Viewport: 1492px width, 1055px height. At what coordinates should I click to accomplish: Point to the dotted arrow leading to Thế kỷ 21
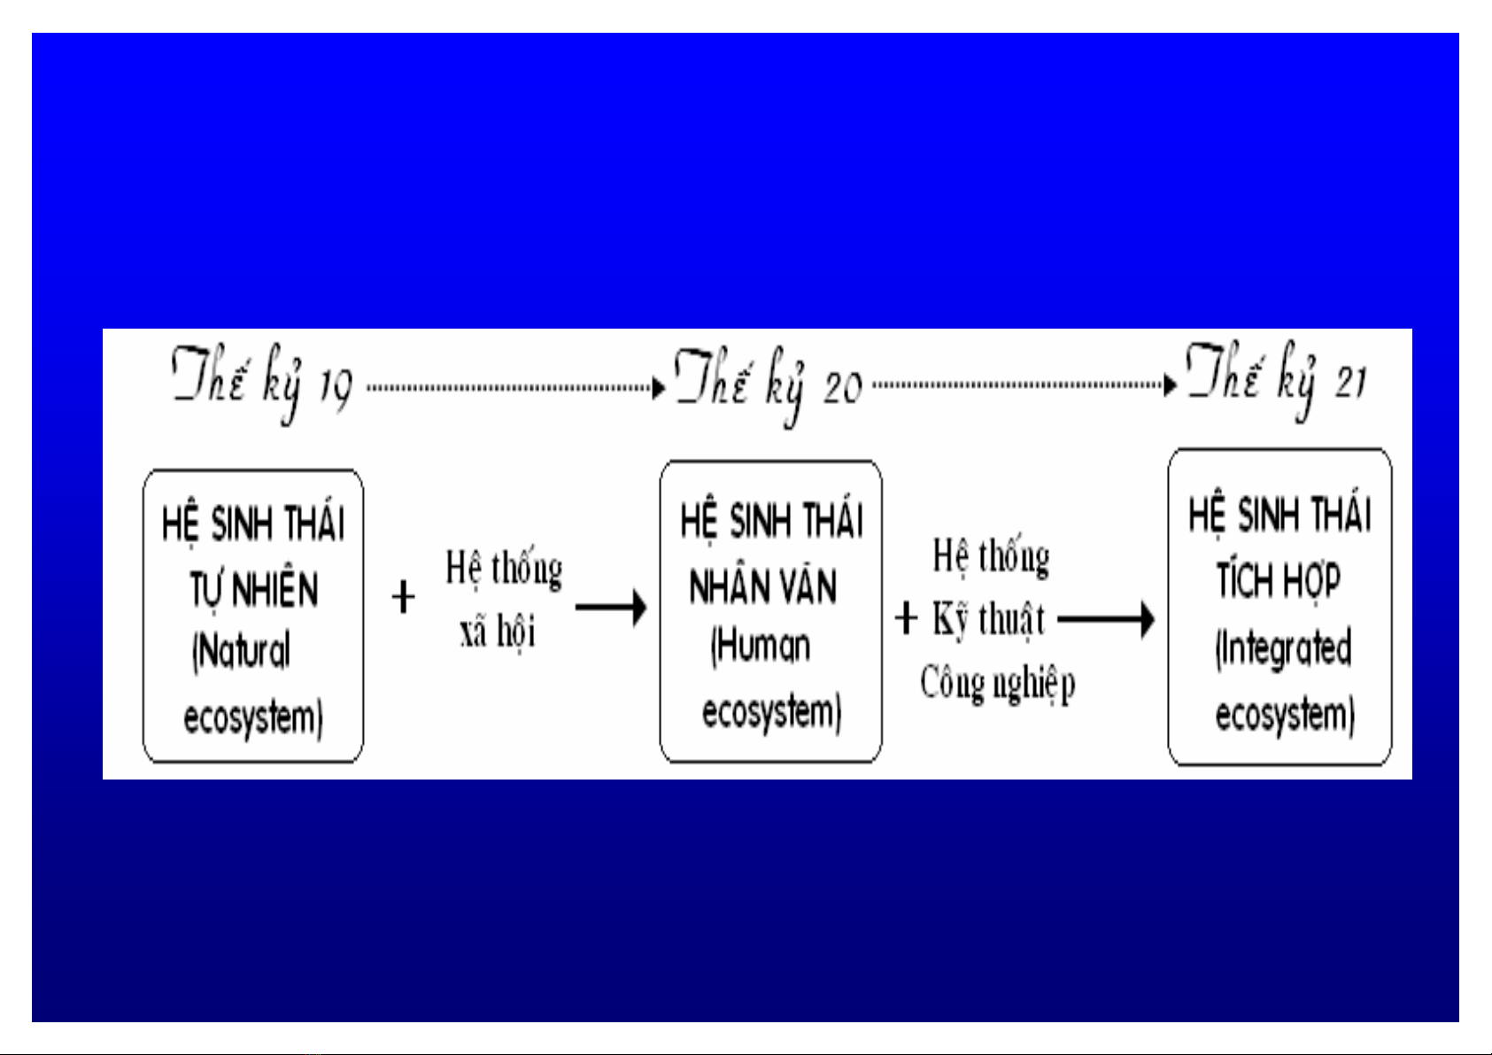coord(1024,385)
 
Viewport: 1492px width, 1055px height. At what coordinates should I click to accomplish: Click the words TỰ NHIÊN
coord(253,590)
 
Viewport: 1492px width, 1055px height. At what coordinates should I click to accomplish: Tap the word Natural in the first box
coord(242,652)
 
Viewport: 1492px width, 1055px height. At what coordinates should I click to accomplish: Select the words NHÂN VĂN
coord(762,587)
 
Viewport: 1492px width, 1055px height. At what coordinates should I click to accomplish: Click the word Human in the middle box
coord(761,647)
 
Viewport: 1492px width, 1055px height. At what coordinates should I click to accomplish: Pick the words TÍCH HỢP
coord(1278,581)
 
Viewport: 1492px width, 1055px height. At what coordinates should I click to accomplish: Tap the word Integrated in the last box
coord(1283,648)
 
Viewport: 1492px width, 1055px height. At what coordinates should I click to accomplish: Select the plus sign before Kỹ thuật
coord(906,618)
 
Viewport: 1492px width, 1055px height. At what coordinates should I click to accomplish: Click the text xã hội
coord(498,632)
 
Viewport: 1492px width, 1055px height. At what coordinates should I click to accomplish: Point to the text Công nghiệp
coord(997,683)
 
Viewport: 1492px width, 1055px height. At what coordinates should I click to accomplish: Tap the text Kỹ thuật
coord(988,619)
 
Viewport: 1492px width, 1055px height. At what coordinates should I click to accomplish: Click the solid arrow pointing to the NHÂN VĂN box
coord(611,608)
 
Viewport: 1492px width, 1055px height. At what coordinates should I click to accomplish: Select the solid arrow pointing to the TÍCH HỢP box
coord(1106,619)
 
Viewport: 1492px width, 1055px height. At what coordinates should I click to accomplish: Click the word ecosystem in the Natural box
coord(253,718)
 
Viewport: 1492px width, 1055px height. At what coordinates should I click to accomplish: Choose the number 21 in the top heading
coord(1351,382)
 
